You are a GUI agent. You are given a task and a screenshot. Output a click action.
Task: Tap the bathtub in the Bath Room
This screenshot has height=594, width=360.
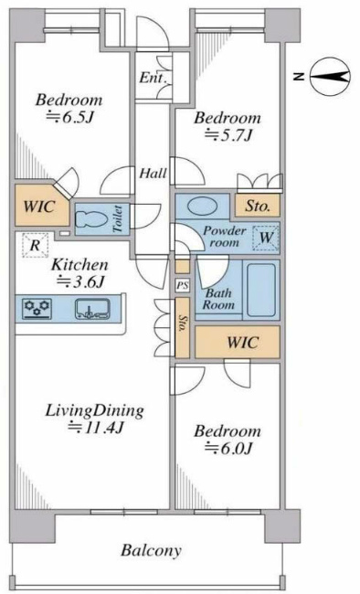click(x=261, y=290)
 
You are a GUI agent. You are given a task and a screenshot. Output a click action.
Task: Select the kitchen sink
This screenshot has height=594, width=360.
click(x=92, y=309)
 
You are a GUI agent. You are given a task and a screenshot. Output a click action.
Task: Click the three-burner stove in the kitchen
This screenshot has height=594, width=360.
click(x=37, y=309)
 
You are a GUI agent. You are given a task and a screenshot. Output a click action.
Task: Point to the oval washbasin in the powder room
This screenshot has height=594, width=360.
click(x=203, y=207)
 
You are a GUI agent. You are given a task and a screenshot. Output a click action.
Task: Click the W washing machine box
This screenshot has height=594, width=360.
click(x=266, y=238)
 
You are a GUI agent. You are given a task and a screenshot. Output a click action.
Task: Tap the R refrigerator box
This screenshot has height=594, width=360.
click(x=35, y=246)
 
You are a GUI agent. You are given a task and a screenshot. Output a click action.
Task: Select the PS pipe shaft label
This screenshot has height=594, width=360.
click(x=183, y=286)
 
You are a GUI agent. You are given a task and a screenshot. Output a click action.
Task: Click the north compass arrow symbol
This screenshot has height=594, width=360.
click(x=330, y=77)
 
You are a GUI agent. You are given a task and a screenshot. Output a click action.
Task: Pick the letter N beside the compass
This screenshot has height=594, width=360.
click(x=300, y=77)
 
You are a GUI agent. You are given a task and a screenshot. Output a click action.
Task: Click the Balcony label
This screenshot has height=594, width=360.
click(x=151, y=551)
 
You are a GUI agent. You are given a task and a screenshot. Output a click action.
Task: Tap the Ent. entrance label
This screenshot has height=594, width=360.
click(x=154, y=78)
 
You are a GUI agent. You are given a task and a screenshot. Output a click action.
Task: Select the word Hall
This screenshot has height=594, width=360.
click(x=154, y=174)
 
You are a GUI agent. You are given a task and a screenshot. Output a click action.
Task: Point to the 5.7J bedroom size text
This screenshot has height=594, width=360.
click(x=228, y=134)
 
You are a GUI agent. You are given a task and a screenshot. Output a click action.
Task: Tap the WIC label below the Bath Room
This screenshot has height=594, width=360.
click(x=242, y=342)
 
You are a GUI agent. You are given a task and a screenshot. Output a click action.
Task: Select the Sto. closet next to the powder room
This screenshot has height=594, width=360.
click(x=258, y=206)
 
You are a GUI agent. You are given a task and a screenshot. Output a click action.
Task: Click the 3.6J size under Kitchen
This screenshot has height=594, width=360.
click(x=80, y=281)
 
